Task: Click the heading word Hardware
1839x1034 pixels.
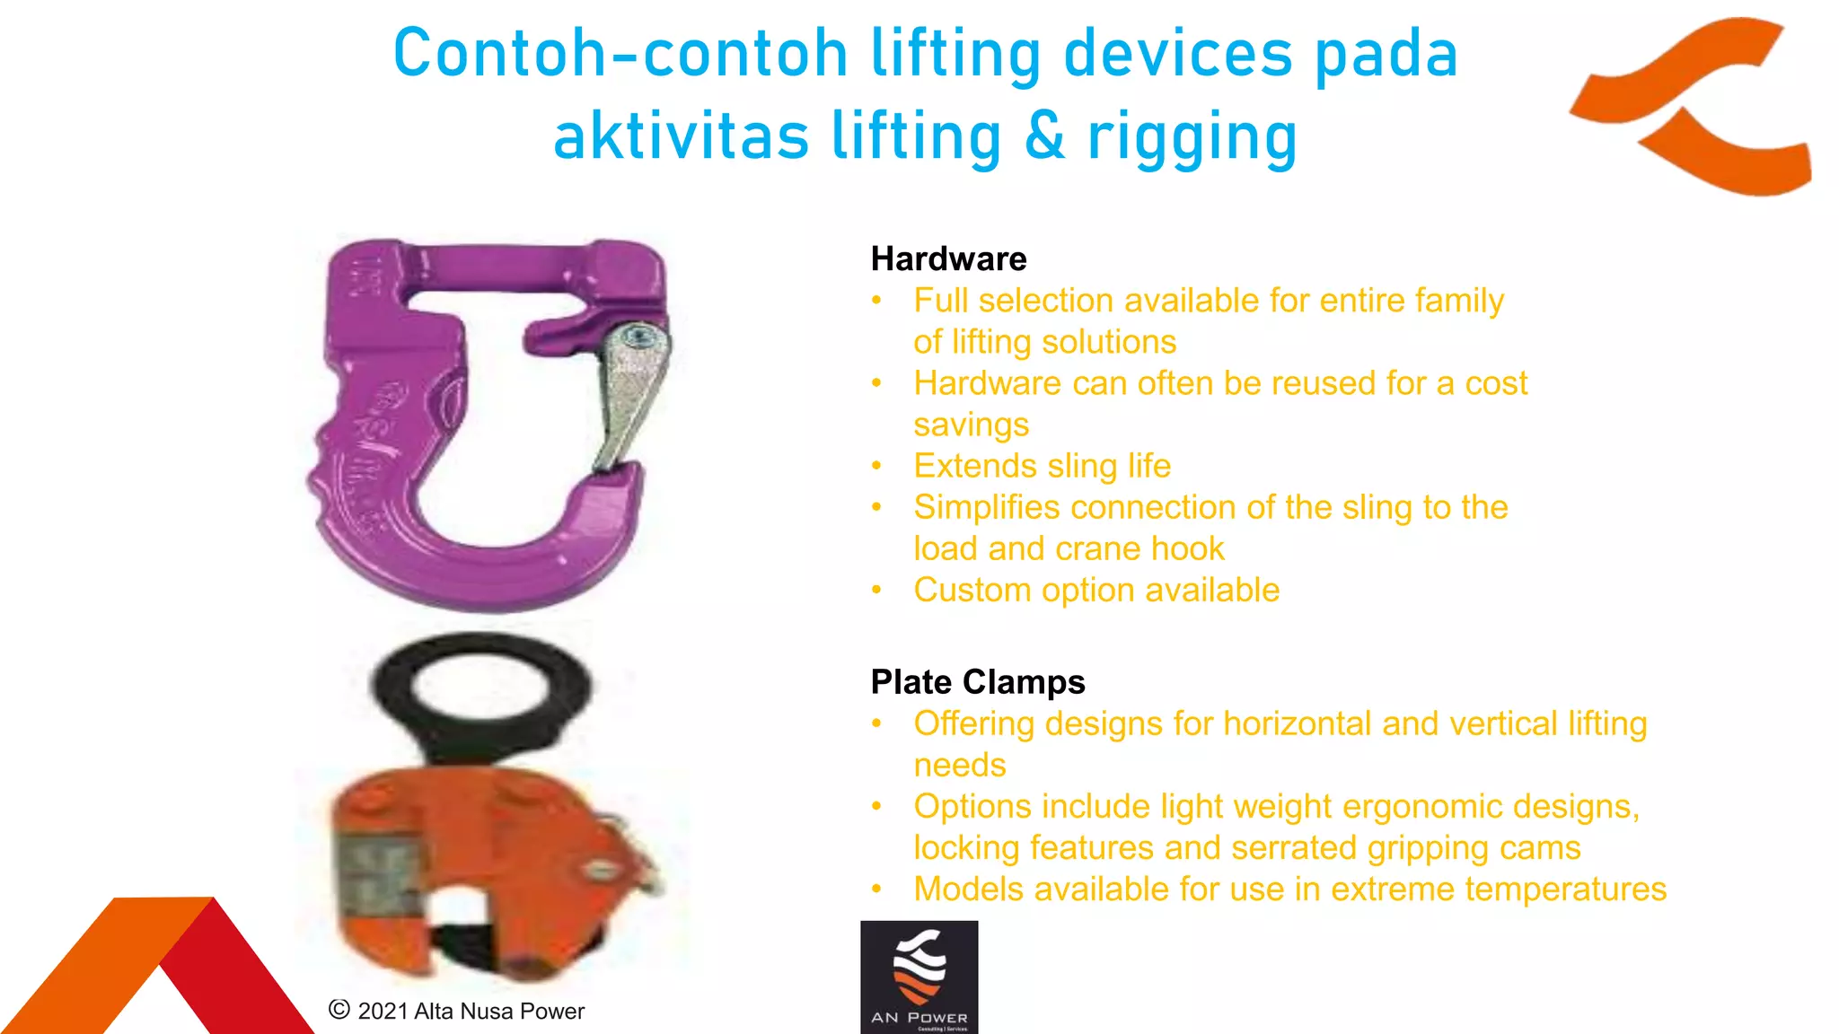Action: [948, 259]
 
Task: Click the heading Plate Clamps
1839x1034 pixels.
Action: [977, 682]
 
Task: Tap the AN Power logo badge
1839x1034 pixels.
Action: [919, 977]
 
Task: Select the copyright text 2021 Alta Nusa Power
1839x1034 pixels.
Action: [456, 1011]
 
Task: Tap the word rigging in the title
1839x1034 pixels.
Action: [1192, 136]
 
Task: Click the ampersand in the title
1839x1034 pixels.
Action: [1044, 136]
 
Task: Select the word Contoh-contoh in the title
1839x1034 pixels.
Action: [620, 54]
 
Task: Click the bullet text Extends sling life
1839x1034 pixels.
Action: [1042, 466]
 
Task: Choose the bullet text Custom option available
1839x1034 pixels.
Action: [1095, 590]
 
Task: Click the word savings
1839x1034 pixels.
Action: [971, 425]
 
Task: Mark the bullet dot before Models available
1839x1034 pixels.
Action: [877, 889]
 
